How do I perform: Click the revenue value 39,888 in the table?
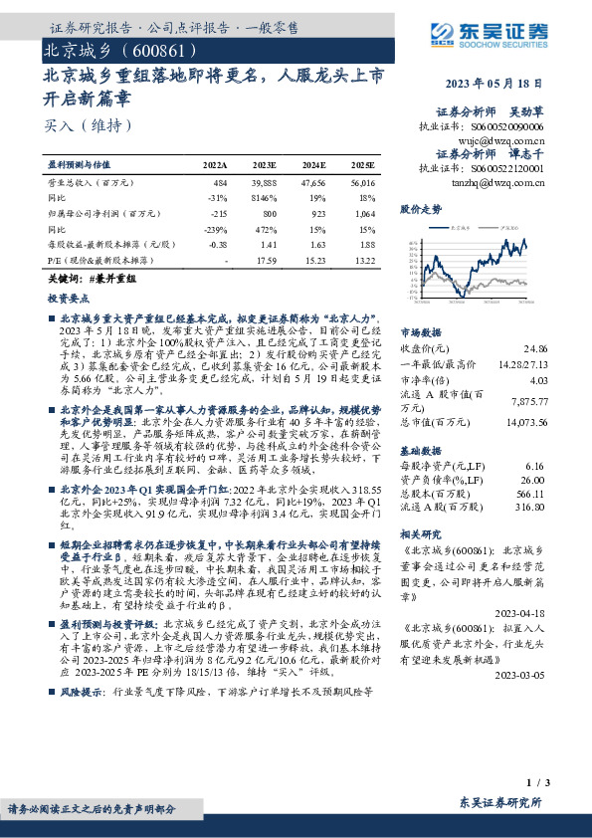coord(265,184)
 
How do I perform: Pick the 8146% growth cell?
coord(265,198)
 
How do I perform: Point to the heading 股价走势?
coord(420,210)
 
